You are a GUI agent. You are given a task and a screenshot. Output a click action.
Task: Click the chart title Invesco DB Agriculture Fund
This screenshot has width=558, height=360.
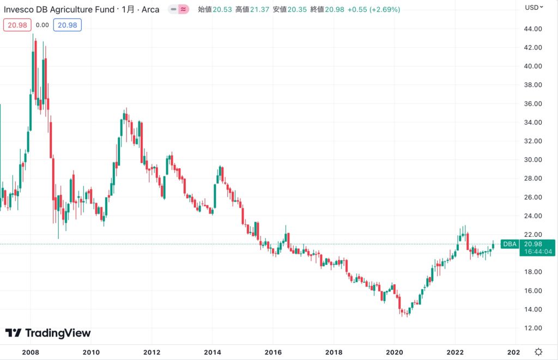click(x=59, y=9)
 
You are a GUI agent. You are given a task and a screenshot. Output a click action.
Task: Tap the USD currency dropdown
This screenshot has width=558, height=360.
click(x=533, y=8)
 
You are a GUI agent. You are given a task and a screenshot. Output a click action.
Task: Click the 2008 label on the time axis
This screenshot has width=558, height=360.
click(x=30, y=352)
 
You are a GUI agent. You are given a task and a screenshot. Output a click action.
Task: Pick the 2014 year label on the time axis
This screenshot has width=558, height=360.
click(x=212, y=352)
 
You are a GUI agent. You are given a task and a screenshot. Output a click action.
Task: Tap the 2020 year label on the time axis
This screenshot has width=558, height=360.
click(x=395, y=352)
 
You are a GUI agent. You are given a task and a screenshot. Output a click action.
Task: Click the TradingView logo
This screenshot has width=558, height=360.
click(x=48, y=333)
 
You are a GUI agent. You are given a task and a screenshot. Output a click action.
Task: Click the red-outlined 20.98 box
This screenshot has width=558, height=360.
click(x=16, y=25)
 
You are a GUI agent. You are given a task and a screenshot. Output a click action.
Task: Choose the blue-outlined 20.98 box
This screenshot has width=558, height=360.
click(x=69, y=25)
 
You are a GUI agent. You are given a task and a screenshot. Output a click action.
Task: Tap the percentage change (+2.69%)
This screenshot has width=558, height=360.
click(x=384, y=9)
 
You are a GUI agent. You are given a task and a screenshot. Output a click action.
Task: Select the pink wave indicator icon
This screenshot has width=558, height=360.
click(x=184, y=9)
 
